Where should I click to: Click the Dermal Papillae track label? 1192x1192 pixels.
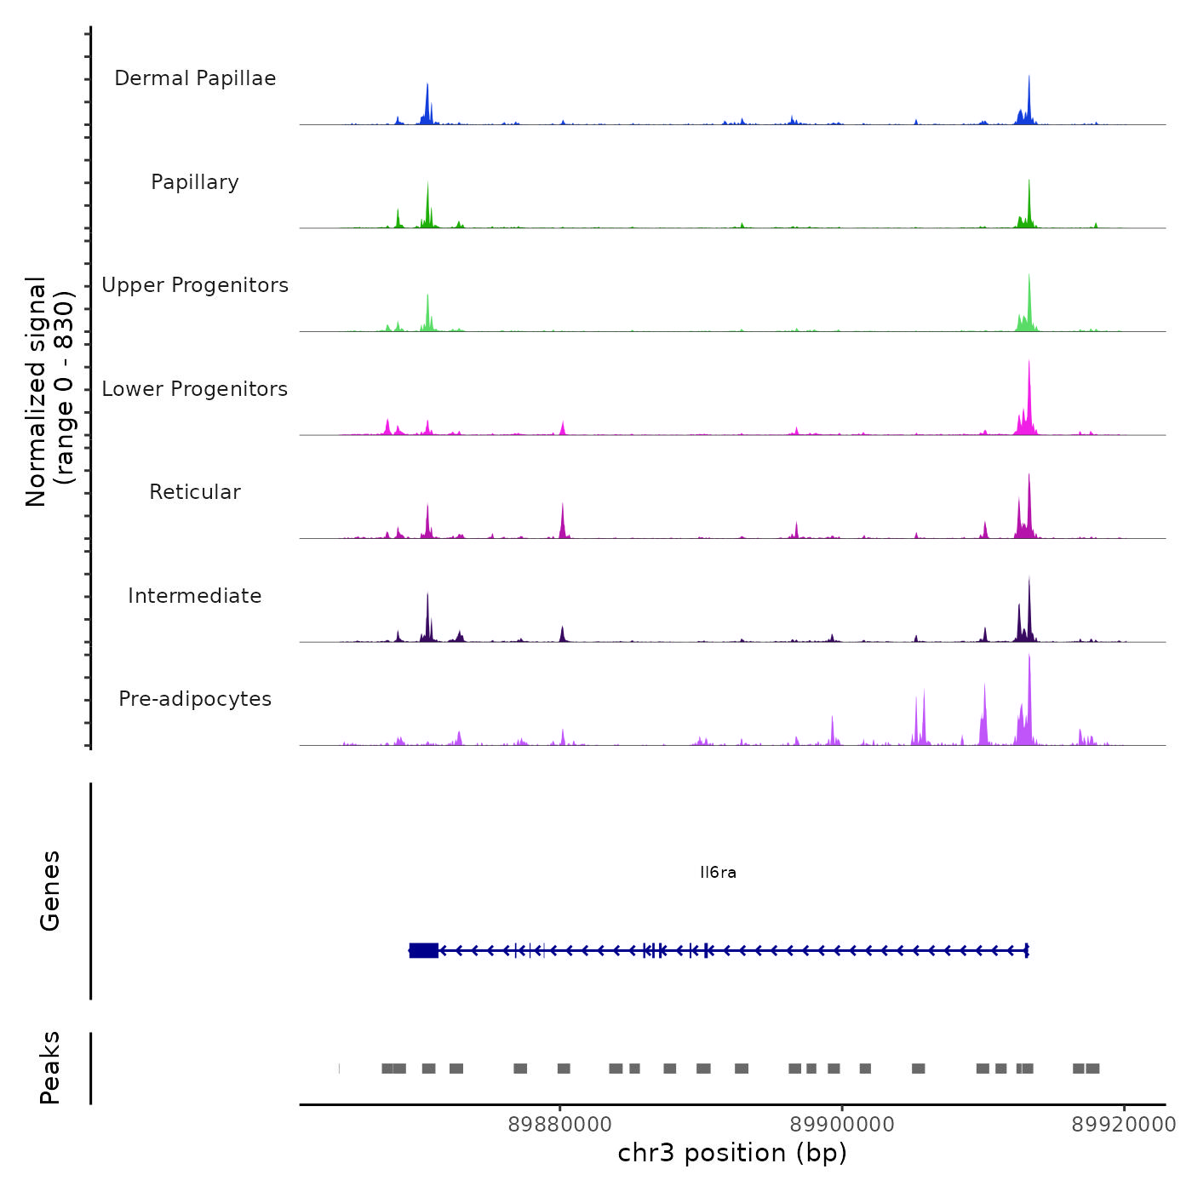[195, 78]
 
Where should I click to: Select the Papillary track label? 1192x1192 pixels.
[195, 182]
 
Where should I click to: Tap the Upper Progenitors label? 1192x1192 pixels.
[195, 285]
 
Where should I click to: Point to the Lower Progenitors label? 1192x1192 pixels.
[195, 389]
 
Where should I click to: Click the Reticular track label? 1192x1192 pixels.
[195, 492]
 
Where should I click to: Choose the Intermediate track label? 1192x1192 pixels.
[195, 596]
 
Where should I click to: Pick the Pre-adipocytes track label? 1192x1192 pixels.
[195, 699]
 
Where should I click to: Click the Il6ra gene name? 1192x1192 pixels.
[718, 873]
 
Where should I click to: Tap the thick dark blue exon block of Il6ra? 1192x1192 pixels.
[423, 950]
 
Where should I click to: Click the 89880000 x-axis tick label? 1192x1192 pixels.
[560, 1125]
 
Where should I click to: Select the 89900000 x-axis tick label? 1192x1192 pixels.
[842, 1125]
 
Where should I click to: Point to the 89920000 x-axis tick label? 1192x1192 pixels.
[1123, 1125]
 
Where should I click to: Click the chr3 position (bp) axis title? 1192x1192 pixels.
[732, 1153]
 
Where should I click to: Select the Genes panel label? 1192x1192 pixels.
[50, 891]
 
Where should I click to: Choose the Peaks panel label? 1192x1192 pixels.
[50, 1068]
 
